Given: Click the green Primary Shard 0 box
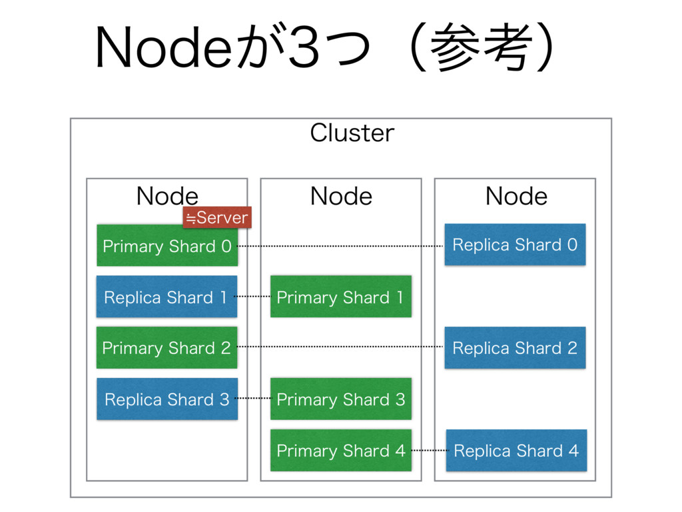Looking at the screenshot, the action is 167,245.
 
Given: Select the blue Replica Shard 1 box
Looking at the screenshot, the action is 167,297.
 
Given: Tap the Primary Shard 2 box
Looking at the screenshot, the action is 167,347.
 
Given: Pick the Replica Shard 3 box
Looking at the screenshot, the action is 167,399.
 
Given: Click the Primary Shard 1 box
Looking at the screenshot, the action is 341,297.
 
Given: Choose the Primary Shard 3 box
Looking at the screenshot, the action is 341,399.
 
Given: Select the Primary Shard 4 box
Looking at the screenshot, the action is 341,450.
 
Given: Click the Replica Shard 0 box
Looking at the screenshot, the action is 515,245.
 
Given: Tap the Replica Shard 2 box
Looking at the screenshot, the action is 515,347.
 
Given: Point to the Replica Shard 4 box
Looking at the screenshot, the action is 516,450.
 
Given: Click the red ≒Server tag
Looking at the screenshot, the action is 217,217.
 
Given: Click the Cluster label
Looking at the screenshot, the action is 352,133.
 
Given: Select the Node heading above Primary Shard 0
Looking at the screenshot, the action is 167,196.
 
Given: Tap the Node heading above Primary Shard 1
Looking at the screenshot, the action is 342,196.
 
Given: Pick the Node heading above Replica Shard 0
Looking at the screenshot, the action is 516,196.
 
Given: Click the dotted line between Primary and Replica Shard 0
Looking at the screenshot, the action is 341,246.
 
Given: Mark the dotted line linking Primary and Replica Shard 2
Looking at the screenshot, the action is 341,347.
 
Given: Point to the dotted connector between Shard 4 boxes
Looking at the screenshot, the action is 429,450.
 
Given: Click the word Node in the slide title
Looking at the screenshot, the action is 164,47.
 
